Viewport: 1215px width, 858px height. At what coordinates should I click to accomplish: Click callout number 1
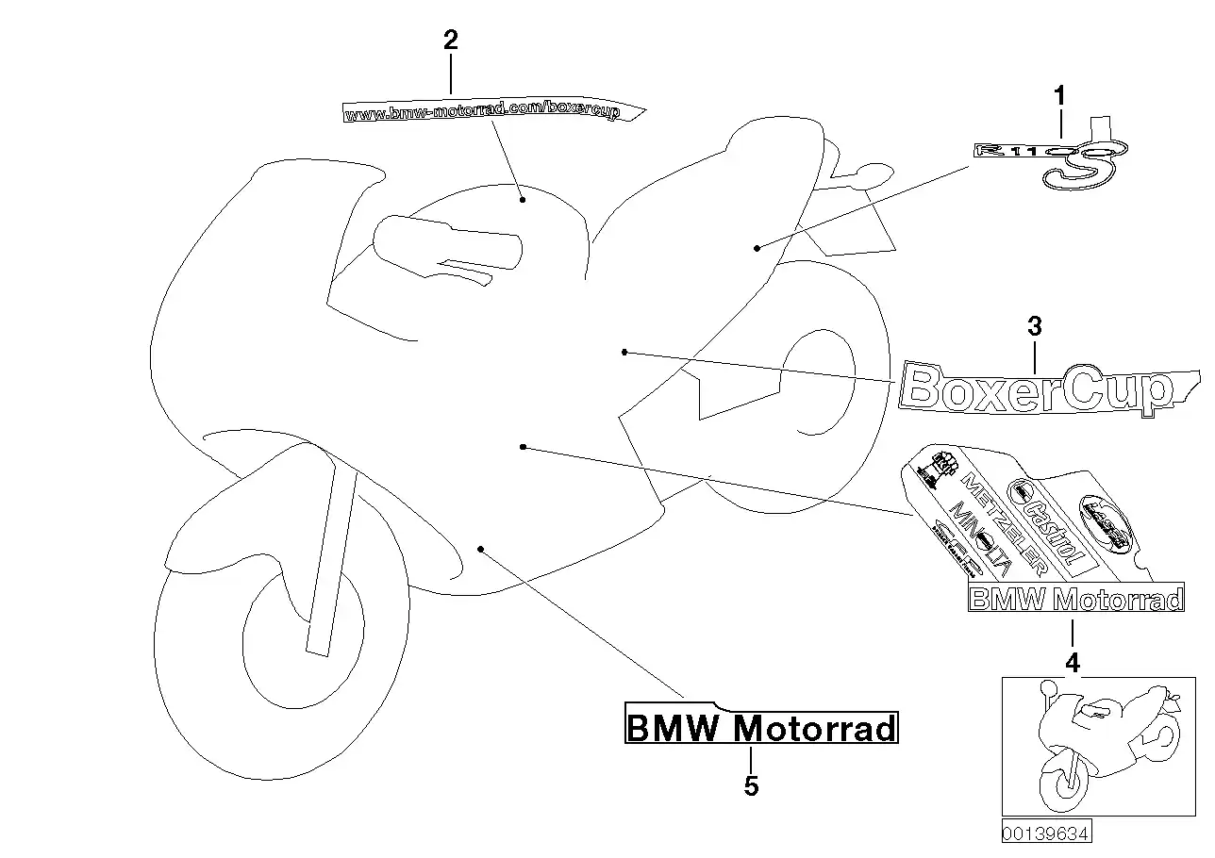click(1059, 95)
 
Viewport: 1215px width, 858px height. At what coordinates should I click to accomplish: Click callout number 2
click(451, 40)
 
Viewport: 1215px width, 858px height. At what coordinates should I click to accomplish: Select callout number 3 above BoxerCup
click(1035, 327)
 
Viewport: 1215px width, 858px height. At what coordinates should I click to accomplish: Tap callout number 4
click(1073, 664)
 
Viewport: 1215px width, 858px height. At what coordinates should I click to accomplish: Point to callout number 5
click(751, 785)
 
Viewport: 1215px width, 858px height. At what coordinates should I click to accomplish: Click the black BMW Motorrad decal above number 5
click(760, 728)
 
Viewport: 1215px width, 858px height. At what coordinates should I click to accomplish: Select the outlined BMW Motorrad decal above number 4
click(1075, 600)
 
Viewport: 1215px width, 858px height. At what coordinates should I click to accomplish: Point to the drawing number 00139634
click(1046, 833)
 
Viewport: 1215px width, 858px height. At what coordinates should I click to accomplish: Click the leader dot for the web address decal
click(522, 200)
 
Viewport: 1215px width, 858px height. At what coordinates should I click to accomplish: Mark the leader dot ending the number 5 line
click(480, 548)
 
